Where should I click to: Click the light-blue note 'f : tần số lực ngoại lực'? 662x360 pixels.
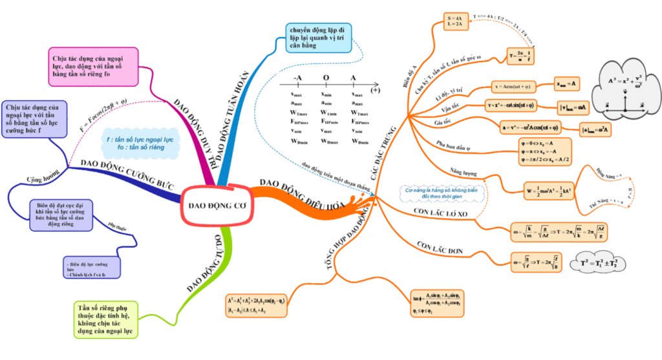coord(137,143)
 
